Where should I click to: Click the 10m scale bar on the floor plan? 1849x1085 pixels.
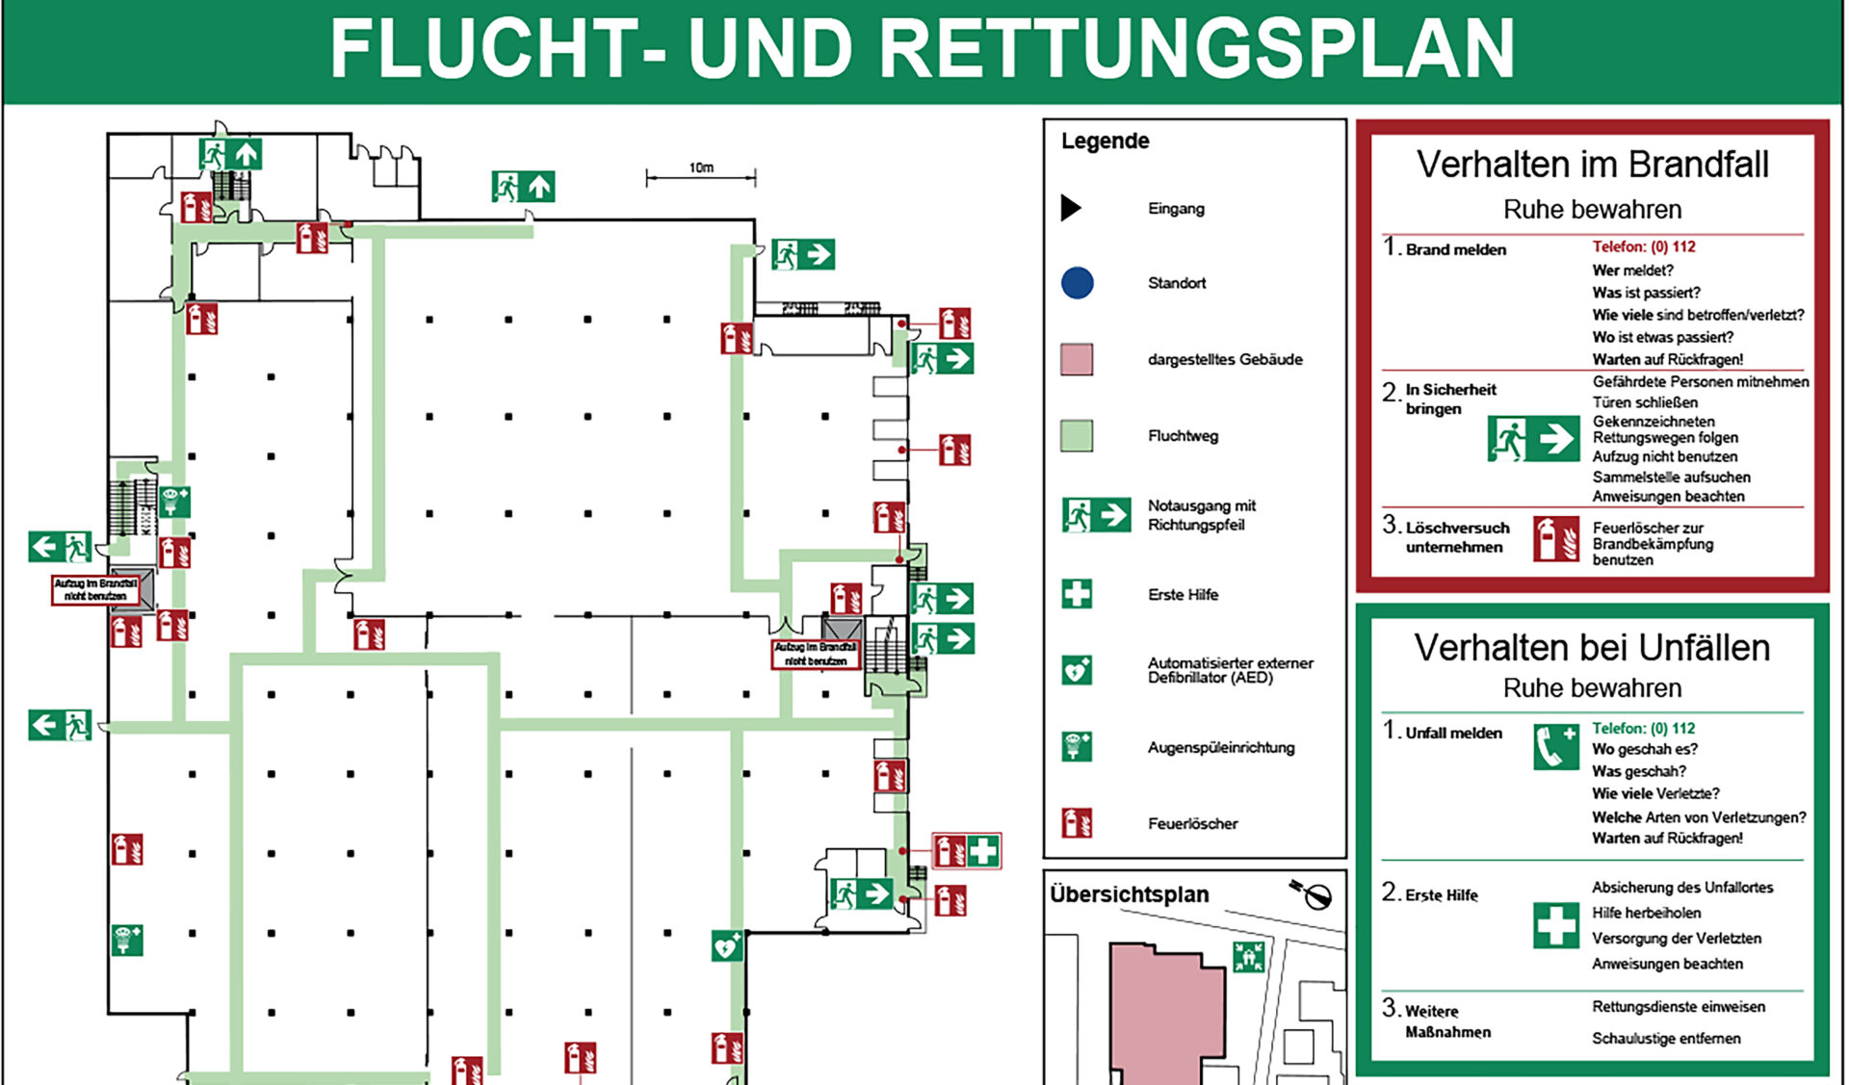click(x=700, y=176)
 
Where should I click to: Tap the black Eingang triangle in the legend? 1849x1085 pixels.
click(x=1070, y=208)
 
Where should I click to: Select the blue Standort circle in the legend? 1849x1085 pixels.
click(x=1077, y=283)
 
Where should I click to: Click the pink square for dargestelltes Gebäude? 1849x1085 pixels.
click(x=1077, y=359)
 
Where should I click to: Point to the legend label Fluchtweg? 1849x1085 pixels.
click(x=1183, y=436)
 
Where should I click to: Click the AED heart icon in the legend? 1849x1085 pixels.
click(x=1077, y=670)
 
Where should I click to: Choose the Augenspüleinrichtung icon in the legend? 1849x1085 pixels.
click(x=1077, y=746)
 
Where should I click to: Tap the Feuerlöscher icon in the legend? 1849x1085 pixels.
click(x=1077, y=823)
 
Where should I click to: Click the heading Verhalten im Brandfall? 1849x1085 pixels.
click(x=1592, y=165)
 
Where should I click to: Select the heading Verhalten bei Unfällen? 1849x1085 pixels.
click(x=1592, y=648)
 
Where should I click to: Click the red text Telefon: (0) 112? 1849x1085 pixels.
click(x=1643, y=247)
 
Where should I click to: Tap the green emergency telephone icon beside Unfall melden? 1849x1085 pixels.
click(x=1555, y=747)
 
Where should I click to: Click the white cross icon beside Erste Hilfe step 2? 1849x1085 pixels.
click(x=1555, y=924)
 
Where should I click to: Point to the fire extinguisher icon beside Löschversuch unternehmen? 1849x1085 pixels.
click(x=1555, y=539)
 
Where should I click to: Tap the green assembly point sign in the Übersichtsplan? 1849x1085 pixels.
click(x=1249, y=957)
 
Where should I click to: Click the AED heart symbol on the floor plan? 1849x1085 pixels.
click(x=726, y=946)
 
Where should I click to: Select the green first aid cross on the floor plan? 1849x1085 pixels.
click(x=983, y=851)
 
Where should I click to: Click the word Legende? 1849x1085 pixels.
click(x=1105, y=142)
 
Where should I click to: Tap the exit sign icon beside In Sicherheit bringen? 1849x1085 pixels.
click(x=1533, y=439)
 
